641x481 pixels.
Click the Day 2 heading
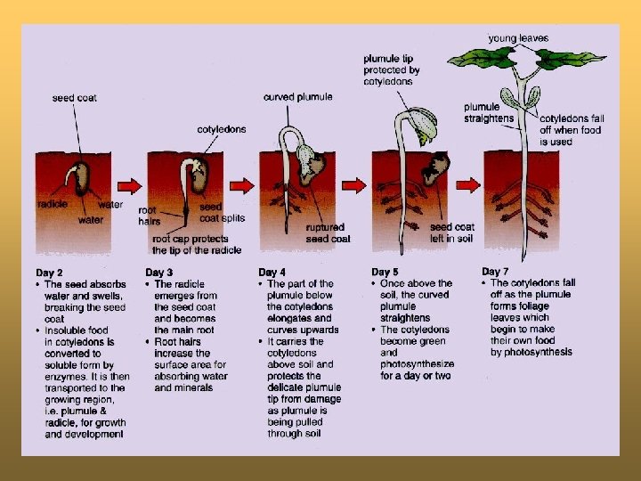[x=49, y=273]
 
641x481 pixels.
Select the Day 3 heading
[x=159, y=273]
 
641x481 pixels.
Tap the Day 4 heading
[x=272, y=272]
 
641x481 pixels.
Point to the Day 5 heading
[x=385, y=272]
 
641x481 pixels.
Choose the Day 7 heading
[x=495, y=271]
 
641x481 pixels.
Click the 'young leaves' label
[x=518, y=38]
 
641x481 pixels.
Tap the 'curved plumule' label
[x=298, y=97]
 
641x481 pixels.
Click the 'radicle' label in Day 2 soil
[x=53, y=204]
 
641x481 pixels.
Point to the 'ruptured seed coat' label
[x=328, y=232]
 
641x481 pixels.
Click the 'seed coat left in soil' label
[x=452, y=232]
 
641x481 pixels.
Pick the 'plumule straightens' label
[x=489, y=113]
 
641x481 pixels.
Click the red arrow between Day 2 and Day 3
[x=130, y=186]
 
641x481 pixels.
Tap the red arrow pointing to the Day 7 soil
[x=468, y=185]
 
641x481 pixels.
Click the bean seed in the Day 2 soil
[x=81, y=178]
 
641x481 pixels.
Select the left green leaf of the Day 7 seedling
[x=481, y=58]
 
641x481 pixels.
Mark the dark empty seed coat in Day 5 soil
[x=435, y=167]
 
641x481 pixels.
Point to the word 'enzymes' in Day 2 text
[x=65, y=377]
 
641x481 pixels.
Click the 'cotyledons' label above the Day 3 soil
[x=222, y=130]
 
